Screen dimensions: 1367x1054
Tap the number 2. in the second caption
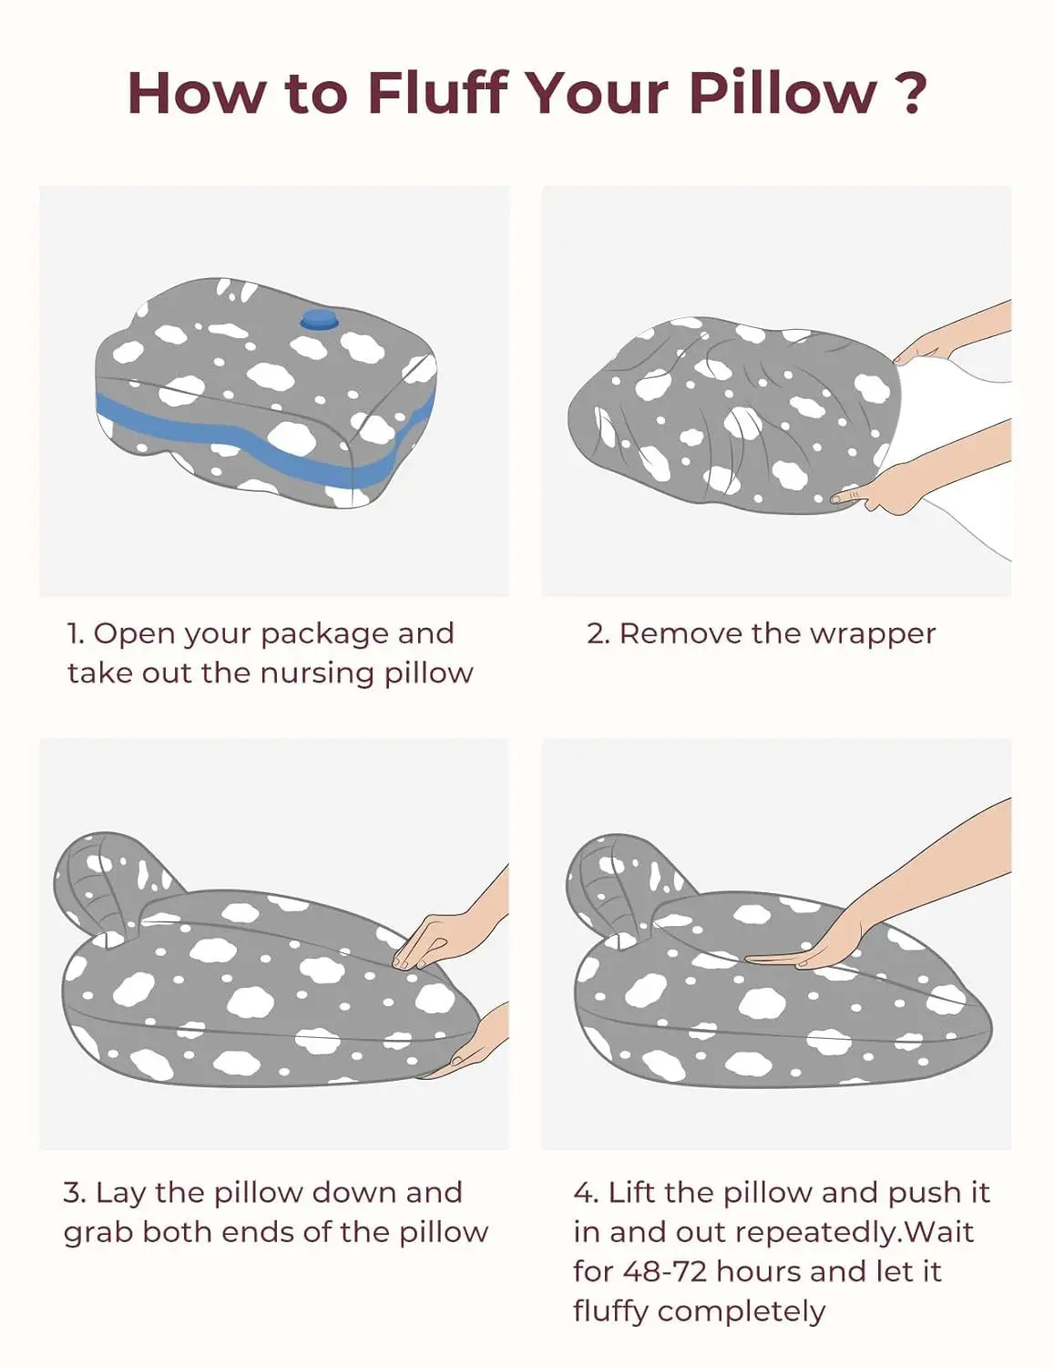(598, 634)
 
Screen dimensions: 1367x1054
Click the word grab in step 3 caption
(98, 1233)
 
